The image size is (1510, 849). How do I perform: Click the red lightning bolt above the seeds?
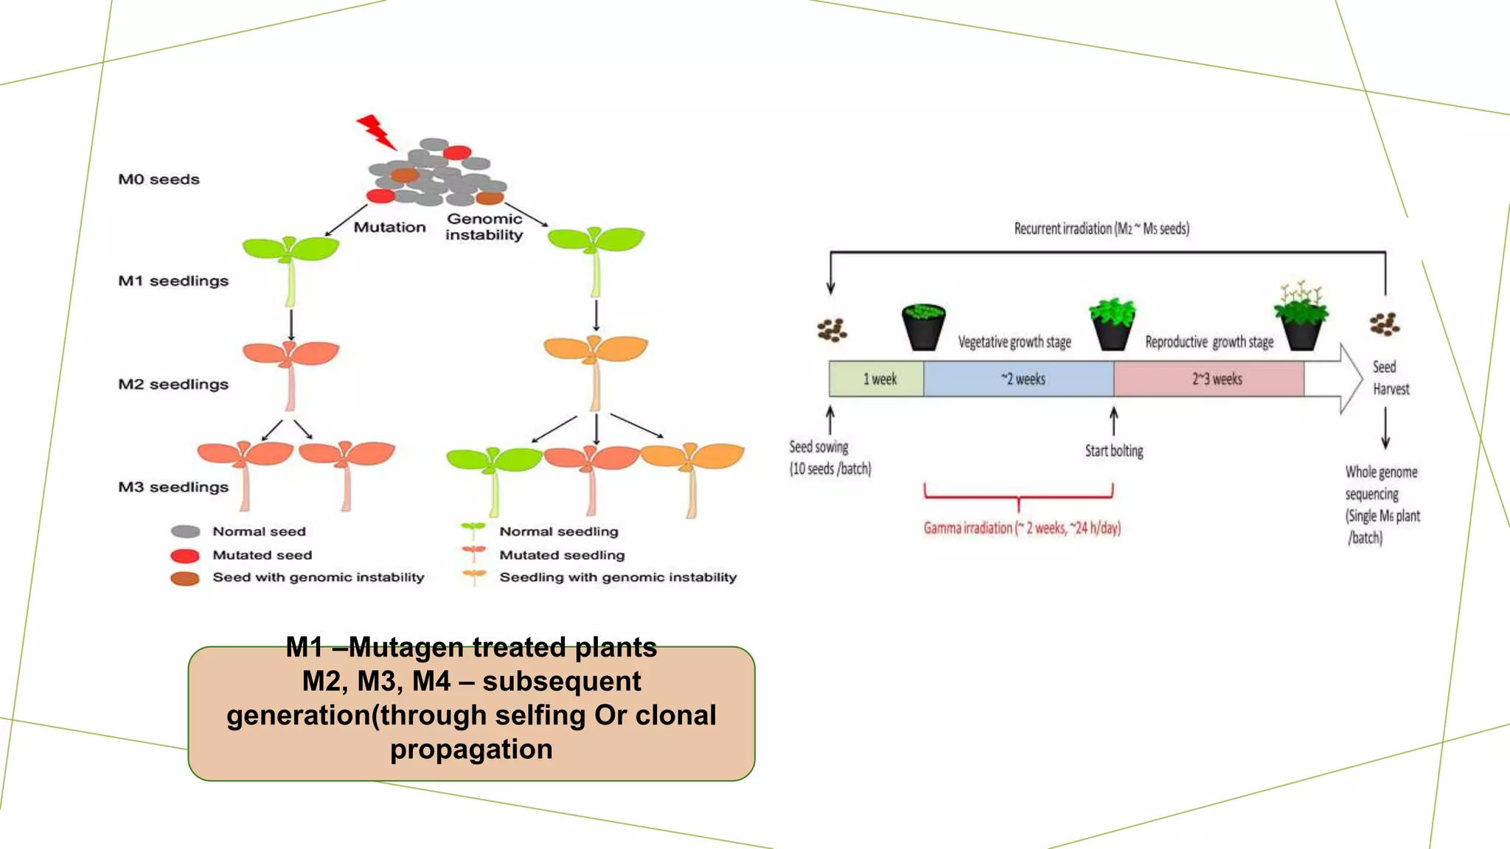377,131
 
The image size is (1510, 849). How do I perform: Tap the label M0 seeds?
159,179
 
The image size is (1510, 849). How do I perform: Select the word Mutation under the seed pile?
389,227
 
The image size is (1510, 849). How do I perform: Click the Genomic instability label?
484,227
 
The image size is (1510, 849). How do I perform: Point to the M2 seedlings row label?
173,384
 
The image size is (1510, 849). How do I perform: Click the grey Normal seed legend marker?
185,531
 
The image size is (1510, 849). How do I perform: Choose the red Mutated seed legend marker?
185,556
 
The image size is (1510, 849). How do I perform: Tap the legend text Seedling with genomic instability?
618,577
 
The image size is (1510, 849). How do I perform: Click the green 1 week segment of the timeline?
877,379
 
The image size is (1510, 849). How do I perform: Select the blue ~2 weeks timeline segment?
1020,379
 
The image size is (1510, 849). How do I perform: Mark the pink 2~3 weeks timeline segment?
1210,379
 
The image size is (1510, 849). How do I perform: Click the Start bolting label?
1113,450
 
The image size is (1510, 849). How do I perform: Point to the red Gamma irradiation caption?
1022,528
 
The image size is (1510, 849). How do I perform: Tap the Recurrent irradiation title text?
1102,228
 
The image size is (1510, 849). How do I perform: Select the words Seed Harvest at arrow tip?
1390,378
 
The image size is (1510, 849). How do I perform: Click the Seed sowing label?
829,457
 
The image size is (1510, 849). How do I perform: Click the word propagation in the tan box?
471,750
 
